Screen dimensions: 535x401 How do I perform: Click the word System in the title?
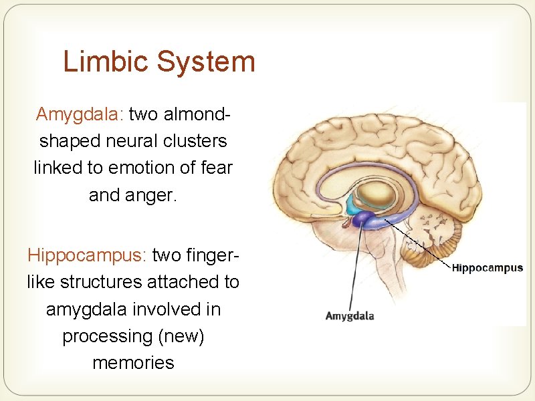pos(205,62)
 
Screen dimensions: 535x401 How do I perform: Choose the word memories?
pos(133,363)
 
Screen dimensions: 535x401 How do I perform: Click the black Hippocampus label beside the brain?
pos(487,269)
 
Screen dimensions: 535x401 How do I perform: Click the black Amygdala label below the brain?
pos(349,316)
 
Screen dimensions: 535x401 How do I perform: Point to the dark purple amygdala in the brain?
pos(362,218)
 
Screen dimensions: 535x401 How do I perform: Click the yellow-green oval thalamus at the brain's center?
pos(376,196)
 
